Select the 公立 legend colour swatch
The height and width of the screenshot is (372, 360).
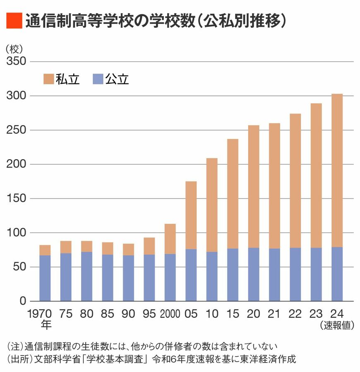tap(97, 79)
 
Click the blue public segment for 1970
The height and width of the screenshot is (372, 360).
tap(45, 278)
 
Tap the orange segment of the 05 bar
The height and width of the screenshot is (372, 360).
tap(191, 215)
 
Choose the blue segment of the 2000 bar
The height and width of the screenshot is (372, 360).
tap(170, 277)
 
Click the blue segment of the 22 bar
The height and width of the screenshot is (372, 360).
tap(295, 274)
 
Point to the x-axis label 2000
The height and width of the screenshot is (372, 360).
tap(170, 314)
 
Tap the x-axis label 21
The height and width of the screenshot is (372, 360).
tap(274, 314)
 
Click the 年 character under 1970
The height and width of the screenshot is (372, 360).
tap(45, 325)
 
